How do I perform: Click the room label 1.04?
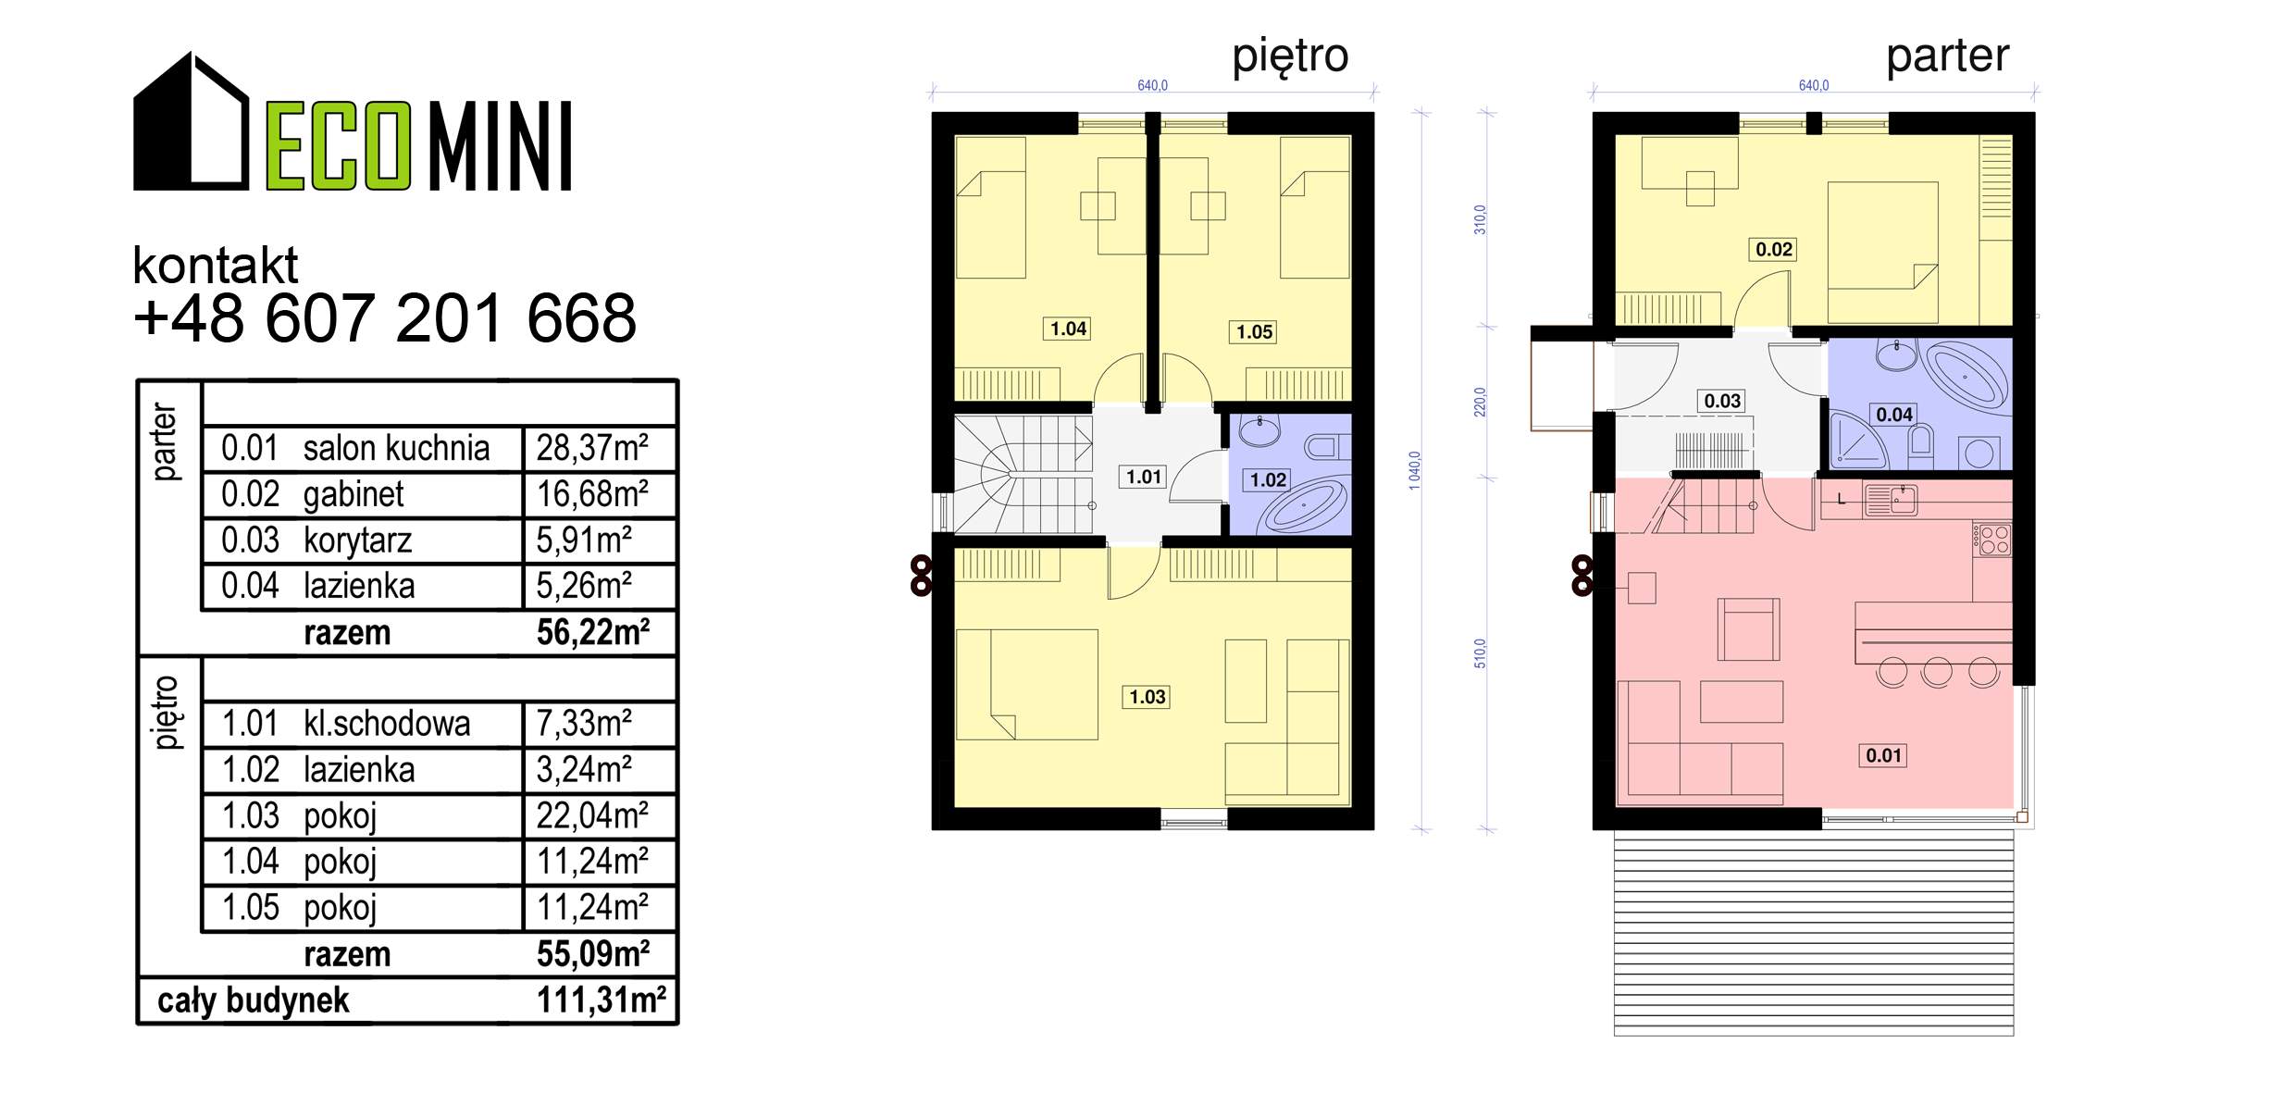click(x=1068, y=329)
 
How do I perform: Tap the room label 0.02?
click(x=1773, y=249)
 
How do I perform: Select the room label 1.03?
click(x=1147, y=697)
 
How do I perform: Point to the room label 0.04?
click(x=1893, y=415)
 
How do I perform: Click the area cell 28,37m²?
click(x=592, y=448)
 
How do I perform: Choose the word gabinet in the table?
click(x=354, y=495)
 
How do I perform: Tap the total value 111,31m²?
click(x=602, y=1000)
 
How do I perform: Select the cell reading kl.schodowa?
click(x=387, y=724)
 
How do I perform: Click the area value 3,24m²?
click(x=584, y=770)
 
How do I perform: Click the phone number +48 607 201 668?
click(x=385, y=317)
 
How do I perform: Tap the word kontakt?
click(x=216, y=266)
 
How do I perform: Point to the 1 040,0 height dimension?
click(x=1414, y=470)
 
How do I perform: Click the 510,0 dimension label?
click(x=1479, y=653)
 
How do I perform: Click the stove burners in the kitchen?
click(x=1992, y=540)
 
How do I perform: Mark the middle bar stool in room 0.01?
click(x=1937, y=672)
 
